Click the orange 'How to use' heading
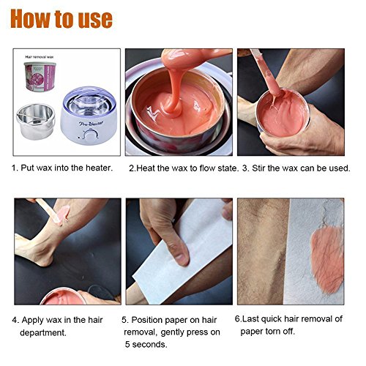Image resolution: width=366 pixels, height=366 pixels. coord(61,19)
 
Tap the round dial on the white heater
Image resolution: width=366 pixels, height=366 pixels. coord(91,135)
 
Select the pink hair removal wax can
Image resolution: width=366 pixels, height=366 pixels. coord(40,76)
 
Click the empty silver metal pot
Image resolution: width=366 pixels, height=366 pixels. coord(36,122)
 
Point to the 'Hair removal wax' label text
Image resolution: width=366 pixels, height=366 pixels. coord(40,57)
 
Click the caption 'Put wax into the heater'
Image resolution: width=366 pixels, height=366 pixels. coord(66,168)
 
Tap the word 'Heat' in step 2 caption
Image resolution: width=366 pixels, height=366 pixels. coord(146,168)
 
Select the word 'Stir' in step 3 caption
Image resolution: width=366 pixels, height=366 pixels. coord(258,168)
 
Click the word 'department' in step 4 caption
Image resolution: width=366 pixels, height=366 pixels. coord(42,332)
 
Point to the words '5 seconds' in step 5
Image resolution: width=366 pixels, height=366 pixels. coord(146,344)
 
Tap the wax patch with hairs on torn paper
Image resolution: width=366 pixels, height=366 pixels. coord(327,260)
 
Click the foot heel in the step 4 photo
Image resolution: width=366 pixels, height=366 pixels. coord(44,261)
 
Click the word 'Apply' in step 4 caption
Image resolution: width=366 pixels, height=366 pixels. coord(33,321)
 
